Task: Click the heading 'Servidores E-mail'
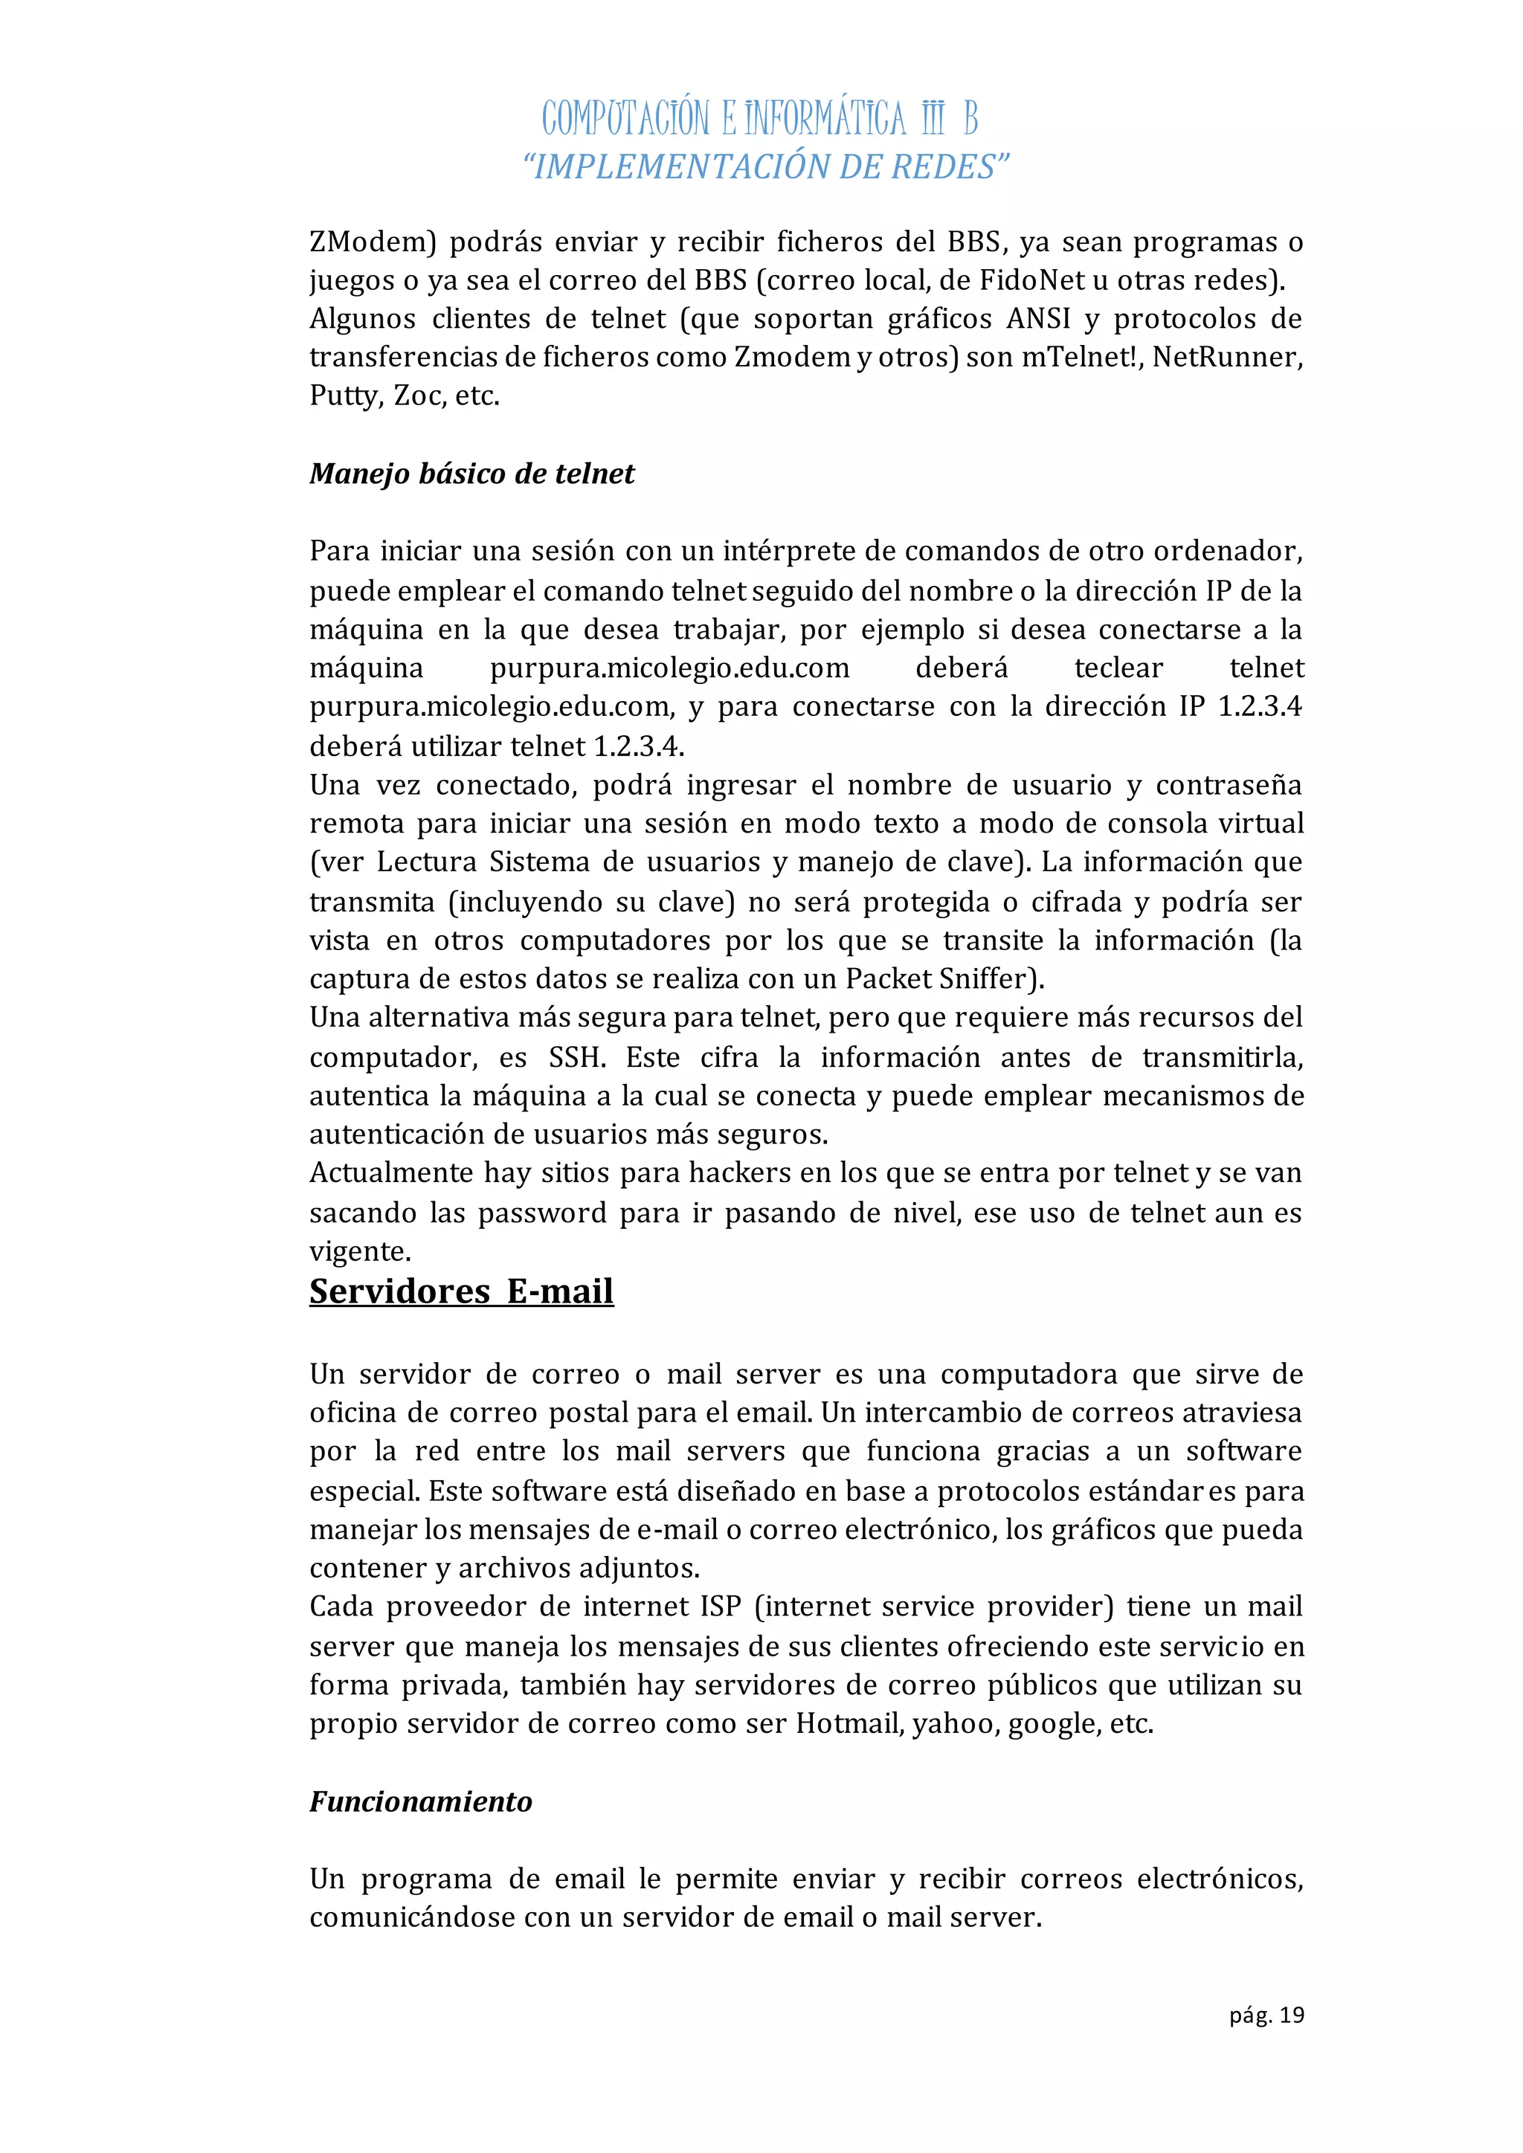(461, 1291)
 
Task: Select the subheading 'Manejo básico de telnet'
(471, 474)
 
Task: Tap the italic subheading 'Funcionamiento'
(421, 1801)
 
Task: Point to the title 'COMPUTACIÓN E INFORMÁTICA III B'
(759, 118)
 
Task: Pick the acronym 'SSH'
(574, 1058)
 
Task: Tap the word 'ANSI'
(1038, 319)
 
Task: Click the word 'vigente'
(358, 1252)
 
